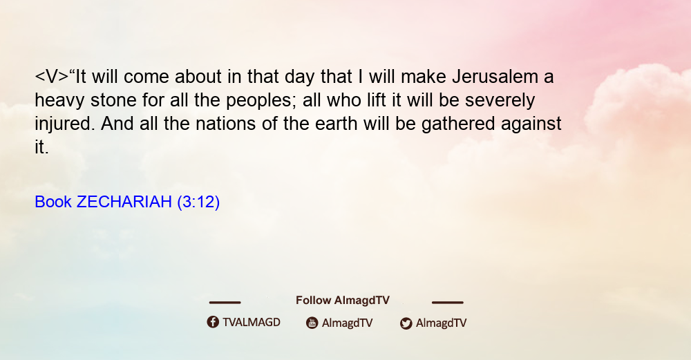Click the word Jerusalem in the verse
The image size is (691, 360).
495,77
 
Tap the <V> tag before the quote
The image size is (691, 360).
52,77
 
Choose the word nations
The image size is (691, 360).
226,124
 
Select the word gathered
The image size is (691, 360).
458,124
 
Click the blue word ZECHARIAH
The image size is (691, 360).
124,202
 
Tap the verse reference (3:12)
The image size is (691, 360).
198,202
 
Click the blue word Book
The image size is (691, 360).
53,202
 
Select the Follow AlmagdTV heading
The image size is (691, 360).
343,301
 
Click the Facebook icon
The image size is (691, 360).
213,322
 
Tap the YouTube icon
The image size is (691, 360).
312,323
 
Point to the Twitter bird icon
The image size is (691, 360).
406,323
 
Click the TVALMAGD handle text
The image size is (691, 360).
252,323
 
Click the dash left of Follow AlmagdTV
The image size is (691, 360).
225,303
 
